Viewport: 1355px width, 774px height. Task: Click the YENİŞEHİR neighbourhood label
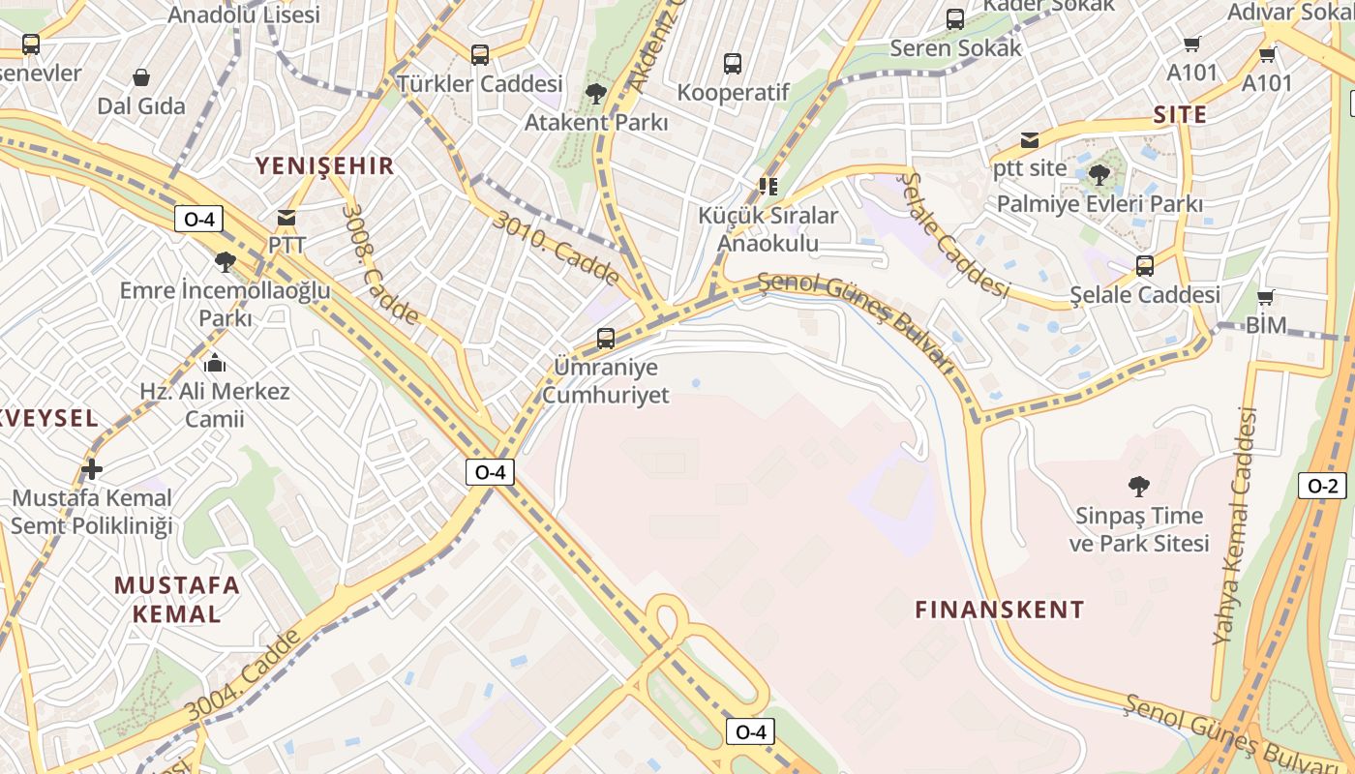point(324,165)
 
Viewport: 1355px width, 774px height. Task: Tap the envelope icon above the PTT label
point(286,218)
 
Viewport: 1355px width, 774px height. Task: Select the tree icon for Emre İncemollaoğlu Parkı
point(226,261)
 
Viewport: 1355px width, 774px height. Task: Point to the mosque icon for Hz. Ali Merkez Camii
point(215,364)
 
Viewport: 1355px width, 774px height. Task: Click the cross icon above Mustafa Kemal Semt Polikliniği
point(92,470)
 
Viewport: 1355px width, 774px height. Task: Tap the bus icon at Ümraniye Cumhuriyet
point(606,339)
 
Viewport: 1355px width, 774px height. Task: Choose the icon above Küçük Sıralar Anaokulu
point(768,186)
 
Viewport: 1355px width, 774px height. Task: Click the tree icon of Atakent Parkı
point(596,94)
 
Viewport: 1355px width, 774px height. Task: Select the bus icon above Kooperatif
point(733,64)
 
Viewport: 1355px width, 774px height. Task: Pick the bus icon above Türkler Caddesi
point(480,54)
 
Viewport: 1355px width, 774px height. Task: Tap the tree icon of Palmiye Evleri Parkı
point(1099,175)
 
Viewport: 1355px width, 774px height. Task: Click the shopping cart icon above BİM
point(1265,297)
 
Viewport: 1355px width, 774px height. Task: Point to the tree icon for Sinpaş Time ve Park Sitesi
point(1139,486)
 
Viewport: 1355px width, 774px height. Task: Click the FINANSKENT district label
point(1000,610)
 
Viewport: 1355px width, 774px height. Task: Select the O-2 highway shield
point(1322,487)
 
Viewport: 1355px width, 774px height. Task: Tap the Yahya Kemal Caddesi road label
point(1236,527)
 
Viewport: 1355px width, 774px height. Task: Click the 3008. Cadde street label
point(380,263)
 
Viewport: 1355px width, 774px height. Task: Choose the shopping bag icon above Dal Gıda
point(141,77)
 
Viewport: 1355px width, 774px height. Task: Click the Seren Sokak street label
point(955,47)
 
